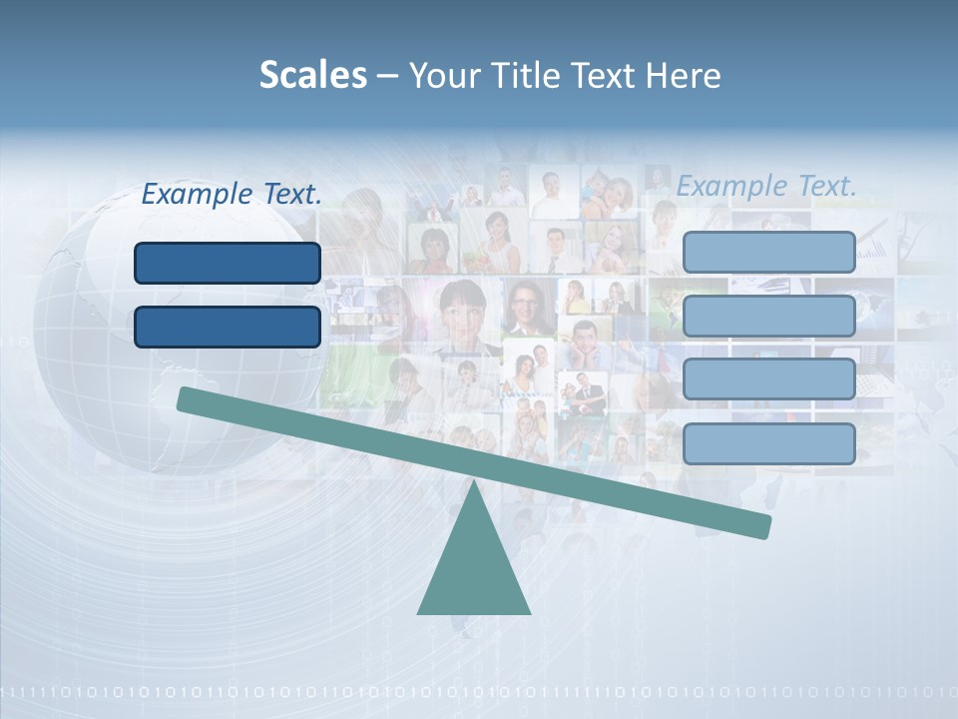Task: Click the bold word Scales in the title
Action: [x=312, y=75]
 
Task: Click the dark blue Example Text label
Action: [x=232, y=194]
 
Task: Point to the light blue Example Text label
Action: [x=766, y=186]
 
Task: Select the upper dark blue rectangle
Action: [x=228, y=263]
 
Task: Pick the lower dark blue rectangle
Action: [x=228, y=327]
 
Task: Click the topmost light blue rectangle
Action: [x=768, y=252]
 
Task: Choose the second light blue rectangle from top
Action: [x=768, y=316]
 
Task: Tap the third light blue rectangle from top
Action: [x=768, y=379]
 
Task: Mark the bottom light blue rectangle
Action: [x=768, y=443]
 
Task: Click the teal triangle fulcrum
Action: [x=473, y=569]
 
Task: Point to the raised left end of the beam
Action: [x=186, y=398]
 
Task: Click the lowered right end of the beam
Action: [x=763, y=525]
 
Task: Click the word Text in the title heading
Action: [x=609, y=75]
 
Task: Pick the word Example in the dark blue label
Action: [x=196, y=194]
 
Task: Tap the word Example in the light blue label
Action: [x=730, y=186]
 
